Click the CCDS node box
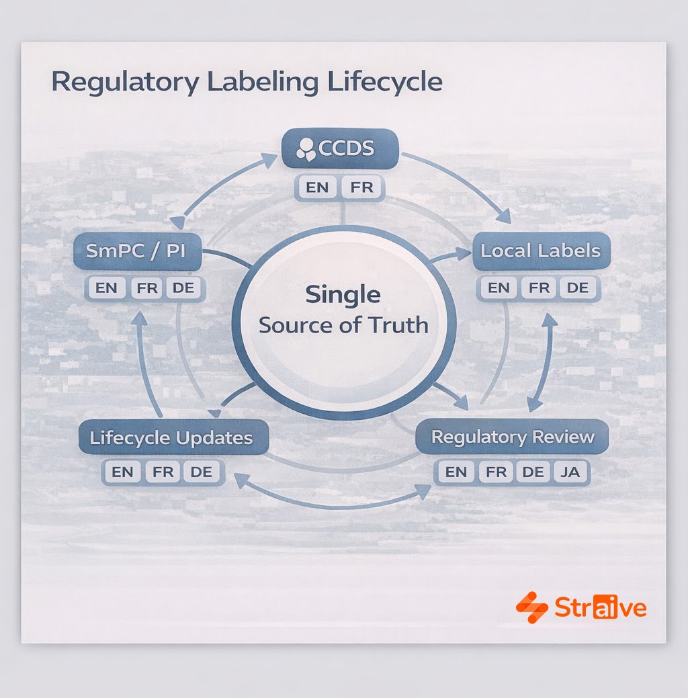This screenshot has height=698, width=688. (339, 148)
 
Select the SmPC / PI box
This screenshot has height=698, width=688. (138, 251)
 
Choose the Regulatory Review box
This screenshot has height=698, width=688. (513, 437)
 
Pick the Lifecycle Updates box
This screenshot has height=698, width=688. (171, 439)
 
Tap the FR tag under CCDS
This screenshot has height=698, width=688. (361, 187)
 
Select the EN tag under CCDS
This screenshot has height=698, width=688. (317, 187)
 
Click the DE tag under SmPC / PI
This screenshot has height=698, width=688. (181, 288)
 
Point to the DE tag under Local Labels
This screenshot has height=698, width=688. (577, 288)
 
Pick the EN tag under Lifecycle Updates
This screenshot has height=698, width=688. (122, 472)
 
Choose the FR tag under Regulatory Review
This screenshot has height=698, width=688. (496, 472)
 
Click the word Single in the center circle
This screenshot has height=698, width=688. (343, 294)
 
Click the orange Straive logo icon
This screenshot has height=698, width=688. (532, 608)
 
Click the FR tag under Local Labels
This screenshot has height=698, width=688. (538, 288)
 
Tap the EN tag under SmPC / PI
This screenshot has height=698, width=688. (106, 288)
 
